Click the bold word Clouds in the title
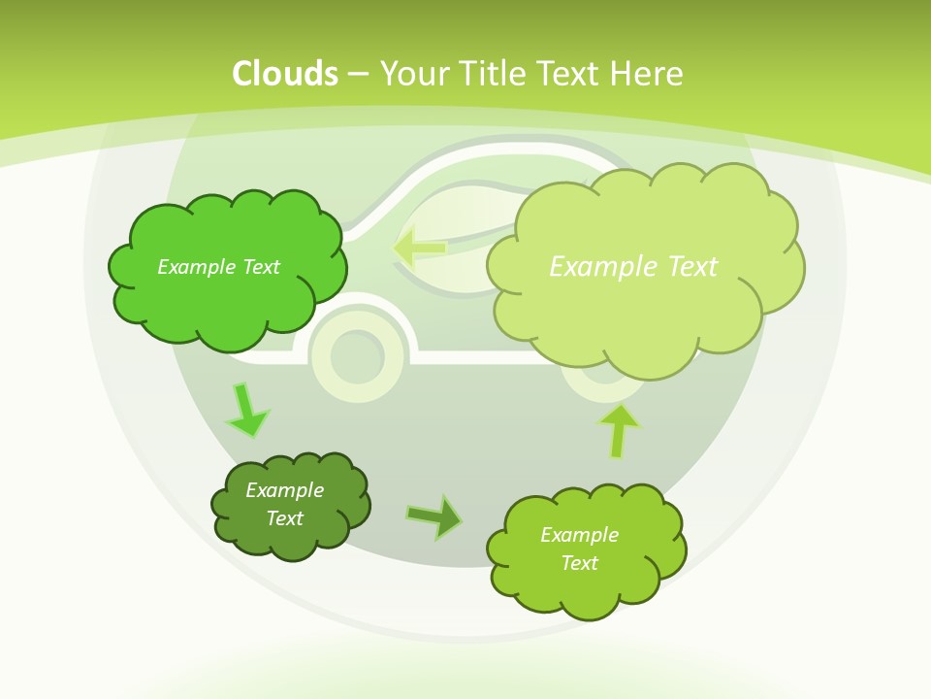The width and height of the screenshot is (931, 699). point(285,74)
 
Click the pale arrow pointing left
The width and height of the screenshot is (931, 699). point(419,248)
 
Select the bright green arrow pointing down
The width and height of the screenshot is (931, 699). point(246,411)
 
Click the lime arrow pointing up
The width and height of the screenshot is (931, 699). point(619,430)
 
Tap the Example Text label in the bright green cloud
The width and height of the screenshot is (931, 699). point(218,267)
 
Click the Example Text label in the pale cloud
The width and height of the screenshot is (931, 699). point(633,267)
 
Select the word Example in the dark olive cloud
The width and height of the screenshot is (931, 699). point(284,490)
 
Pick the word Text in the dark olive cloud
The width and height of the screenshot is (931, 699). point(284,518)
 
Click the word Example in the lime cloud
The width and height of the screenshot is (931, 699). point(579,535)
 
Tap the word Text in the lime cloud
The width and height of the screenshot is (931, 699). point(579,563)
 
